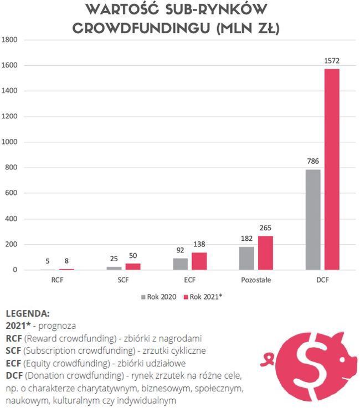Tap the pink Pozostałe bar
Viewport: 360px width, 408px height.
[265, 253]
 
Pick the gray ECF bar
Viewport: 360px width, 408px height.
[180, 264]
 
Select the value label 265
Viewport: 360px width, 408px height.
[265, 228]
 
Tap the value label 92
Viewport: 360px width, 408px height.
[180, 250]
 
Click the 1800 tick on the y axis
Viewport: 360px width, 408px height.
[11, 40]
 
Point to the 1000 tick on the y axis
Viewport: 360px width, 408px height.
[11, 142]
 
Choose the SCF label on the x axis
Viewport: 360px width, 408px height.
[123, 281]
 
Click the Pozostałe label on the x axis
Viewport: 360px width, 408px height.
[256, 281]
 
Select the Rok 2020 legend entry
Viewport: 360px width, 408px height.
[161, 297]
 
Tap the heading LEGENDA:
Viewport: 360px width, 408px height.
[27, 313]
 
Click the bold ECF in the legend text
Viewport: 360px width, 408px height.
[13, 363]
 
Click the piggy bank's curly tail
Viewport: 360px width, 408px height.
[270, 357]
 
